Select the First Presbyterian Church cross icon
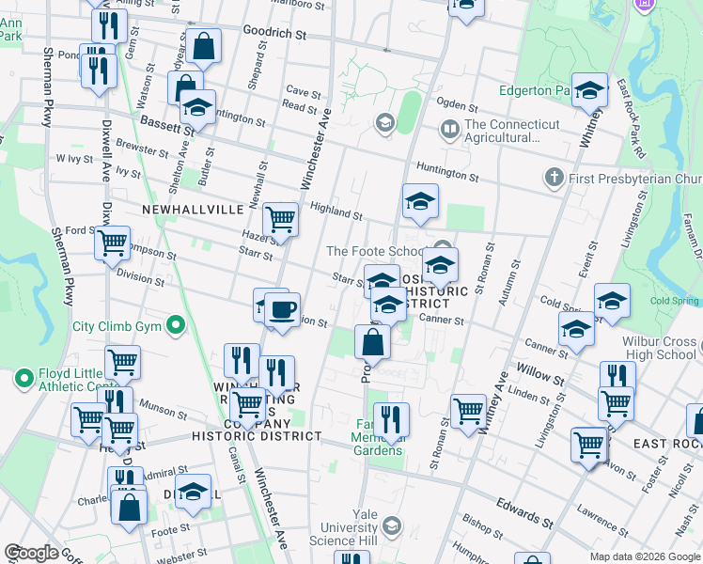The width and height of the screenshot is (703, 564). tap(554, 178)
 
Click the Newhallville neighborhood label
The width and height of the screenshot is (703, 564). tap(193, 209)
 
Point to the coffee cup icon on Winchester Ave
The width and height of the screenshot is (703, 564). tap(281, 309)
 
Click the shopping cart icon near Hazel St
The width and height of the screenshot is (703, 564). tap(281, 220)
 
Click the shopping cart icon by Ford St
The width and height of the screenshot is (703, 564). tap(113, 243)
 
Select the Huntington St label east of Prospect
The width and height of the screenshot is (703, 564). tap(447, 171)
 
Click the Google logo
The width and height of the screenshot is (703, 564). tap(31, 553)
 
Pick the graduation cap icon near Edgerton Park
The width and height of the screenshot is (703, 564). tap(589, 91)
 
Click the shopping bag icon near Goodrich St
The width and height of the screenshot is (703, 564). tap(203, 45)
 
